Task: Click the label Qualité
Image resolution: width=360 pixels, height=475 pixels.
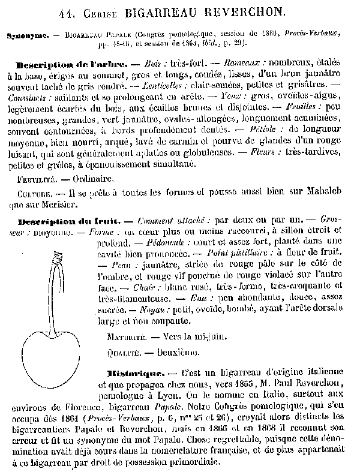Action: [x=124, y=351]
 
